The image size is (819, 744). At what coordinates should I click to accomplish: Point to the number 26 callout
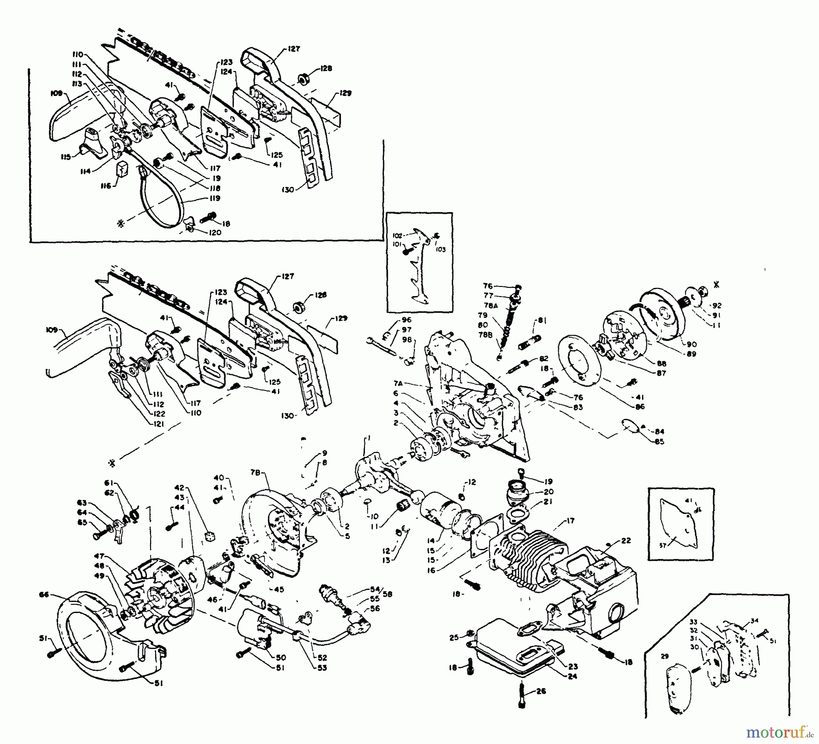click(542, 691)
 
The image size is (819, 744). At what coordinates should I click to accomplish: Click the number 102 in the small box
click(397, 236)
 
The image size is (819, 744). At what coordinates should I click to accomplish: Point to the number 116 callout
click(106, 186)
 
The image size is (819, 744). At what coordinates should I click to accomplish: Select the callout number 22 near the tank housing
click(626, 540)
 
